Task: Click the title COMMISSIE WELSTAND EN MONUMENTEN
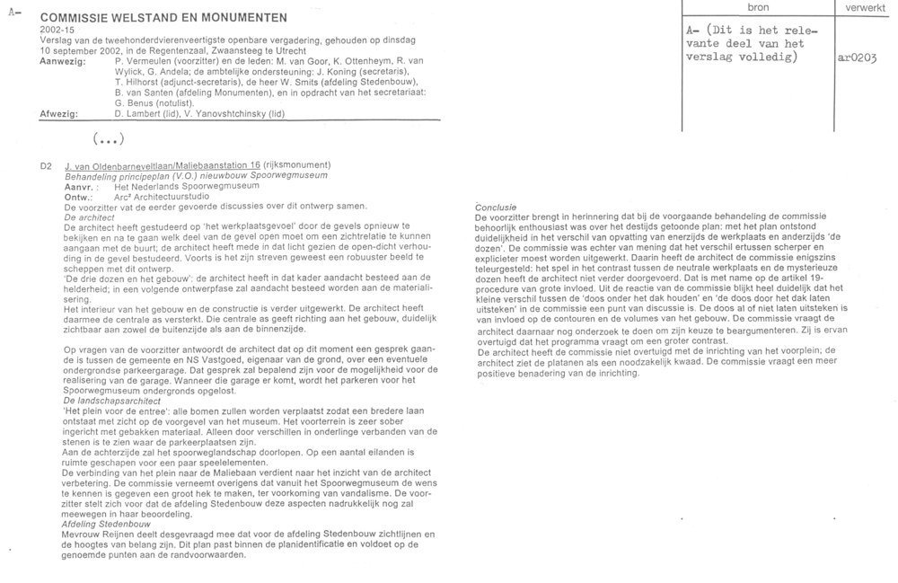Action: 164,17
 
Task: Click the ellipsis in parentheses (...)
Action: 108,138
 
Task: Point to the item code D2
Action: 48,165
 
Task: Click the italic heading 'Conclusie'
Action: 496,208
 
